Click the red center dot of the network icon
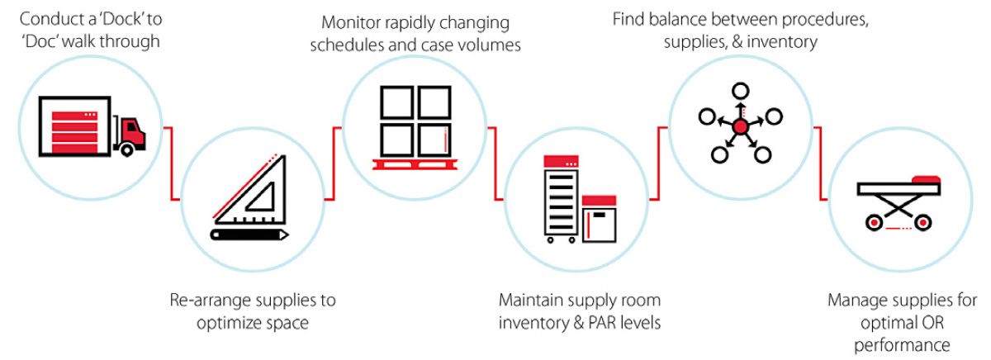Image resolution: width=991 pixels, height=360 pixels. [740, 126]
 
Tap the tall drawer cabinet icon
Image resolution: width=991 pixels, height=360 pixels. [562, 198]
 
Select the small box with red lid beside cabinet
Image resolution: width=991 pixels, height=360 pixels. [599, 219]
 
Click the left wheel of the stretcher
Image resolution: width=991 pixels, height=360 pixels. [875, 221]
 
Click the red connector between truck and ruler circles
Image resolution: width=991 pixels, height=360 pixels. [173, 165]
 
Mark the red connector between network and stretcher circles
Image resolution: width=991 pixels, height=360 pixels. [821, 165]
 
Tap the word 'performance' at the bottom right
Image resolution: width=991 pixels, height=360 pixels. [903, 343]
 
